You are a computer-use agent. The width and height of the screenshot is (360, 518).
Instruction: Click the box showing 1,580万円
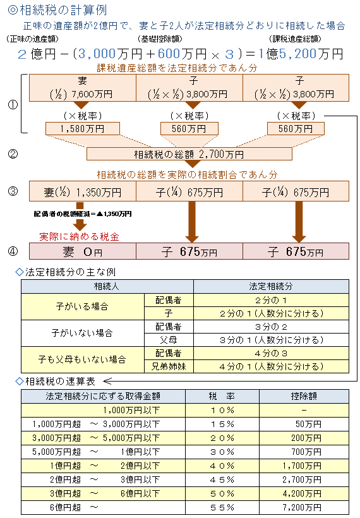pos(82,128)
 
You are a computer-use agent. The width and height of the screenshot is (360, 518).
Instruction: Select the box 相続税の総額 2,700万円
pos(189,154)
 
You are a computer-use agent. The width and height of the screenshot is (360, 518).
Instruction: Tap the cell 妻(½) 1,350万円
pos(83,191)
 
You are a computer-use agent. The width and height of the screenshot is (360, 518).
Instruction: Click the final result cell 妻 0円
pos(83,251)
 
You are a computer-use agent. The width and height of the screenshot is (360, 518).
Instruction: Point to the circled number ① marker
pos(13,105)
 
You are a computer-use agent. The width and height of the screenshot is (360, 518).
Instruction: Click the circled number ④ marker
pos(13,251)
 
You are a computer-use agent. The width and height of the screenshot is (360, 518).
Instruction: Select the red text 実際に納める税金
pos(80,236)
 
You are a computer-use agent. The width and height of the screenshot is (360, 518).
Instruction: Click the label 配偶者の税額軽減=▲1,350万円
pos(83,214)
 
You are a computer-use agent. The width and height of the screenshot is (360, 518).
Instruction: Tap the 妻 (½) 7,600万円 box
pos(83,88)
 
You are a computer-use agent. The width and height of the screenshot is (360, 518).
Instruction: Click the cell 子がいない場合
pos(83,333)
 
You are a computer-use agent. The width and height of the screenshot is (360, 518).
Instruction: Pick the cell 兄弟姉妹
pos(169,366)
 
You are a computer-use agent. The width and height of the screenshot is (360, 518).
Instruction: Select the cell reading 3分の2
pos(271,327)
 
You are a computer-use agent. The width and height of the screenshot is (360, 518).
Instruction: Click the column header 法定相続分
pos(271,286)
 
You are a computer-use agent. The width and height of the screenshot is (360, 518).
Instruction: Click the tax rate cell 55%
pos(222,507)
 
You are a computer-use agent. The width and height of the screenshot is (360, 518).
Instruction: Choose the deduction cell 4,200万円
pos(304,493)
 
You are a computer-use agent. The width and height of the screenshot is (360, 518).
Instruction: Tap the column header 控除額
pos(304,396)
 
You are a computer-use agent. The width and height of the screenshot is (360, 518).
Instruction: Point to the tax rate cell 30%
pos(222,452)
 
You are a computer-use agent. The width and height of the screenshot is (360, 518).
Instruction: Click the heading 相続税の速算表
pos(60,382)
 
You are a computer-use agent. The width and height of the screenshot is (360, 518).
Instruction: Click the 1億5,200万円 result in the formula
pos(301,54)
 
